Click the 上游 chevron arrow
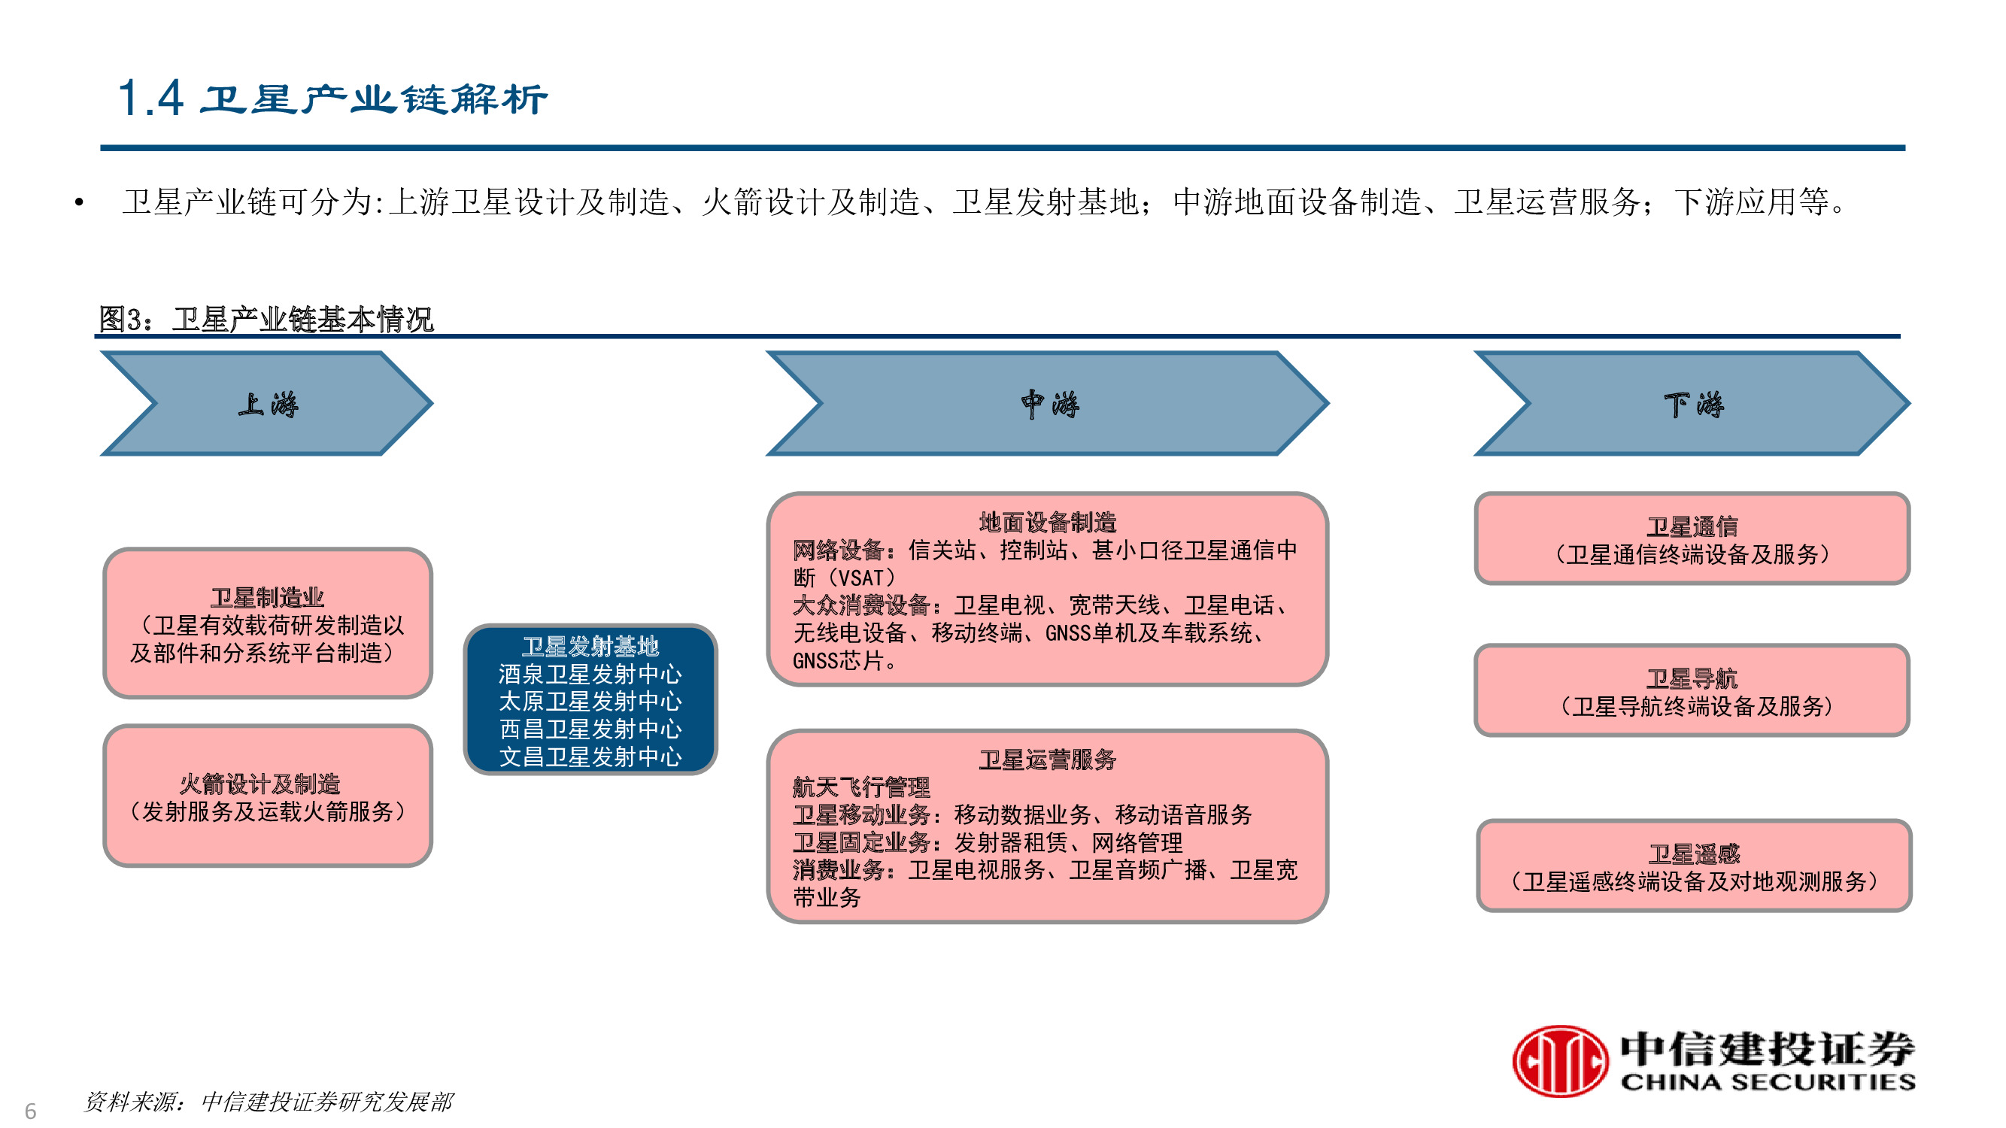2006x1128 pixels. (x=266, y=404)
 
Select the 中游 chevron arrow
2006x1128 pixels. (x=1049, y=404)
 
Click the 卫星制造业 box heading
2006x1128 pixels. (x=266, y=597)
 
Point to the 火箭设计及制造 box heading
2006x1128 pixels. (x=259, y=783)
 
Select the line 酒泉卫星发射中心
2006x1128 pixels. (x=590, y=673)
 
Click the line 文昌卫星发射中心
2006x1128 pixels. (x=590, y=756)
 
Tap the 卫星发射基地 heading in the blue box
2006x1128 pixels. (x=590, y=646)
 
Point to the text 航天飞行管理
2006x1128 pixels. (x=860, y=787)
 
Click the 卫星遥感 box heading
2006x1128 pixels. (x=1693, y=854)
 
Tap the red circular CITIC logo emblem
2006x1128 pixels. (x=1559, y=1060)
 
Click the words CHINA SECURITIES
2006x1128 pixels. (x=1767, y=1082)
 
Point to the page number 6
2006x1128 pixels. (x=30, y=1110)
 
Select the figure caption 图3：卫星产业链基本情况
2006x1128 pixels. (x=266, y=319)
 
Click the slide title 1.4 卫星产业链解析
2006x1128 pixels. (x=332, y=99)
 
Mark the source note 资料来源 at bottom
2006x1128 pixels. (x=268, y=1102)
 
